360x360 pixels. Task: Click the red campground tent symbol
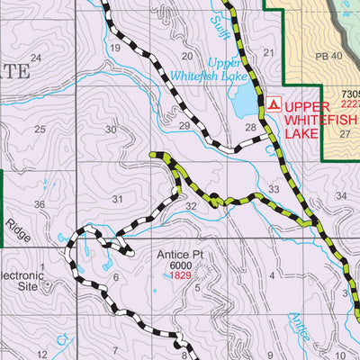274,103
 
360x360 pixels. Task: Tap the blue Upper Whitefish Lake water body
244,102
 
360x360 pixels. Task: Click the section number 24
36,58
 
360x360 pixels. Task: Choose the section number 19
114,47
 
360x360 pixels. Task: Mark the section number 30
111,130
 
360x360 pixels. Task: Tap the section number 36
40,205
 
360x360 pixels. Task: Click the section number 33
274,189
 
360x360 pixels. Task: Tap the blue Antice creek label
299,326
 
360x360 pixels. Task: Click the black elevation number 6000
182,265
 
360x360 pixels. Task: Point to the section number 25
40,130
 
